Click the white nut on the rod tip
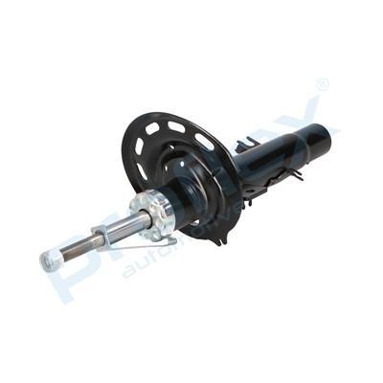pyautogui.click(x=48, y=259)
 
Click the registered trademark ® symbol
pyautogui.click(x=322, y=85)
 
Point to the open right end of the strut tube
pyautogui.click(x=323, y=134)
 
